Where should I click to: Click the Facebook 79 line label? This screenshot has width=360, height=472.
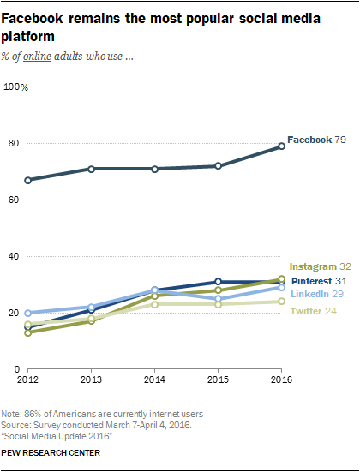(x=316, y=139)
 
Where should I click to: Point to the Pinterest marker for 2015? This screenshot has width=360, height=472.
(x=219, y=281)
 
